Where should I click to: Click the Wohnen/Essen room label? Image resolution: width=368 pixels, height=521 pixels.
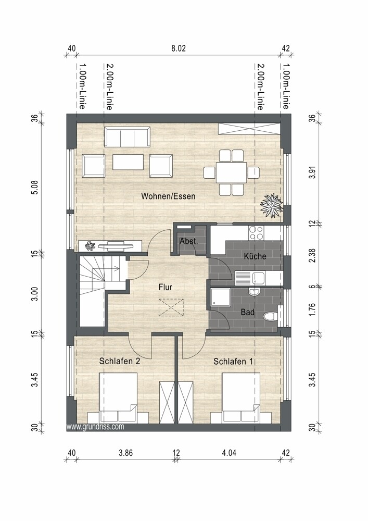pyautogui.click(x=168, y=196)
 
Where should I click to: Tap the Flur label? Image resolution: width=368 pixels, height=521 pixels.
pyautogui.click(x=165, y=287)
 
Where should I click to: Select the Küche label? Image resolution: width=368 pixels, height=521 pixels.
pyautogui.click(x=255, y=256)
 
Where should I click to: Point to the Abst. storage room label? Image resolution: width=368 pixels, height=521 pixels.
pyautogui.click(x=188, y=241)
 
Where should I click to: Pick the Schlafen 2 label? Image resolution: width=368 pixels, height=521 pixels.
pyautogui.click(x=120, y=361)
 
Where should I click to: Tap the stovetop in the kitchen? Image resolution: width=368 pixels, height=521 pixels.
pyautogui.click(x=256, y=232)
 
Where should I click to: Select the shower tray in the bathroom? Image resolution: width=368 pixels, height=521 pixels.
pyautogui.click(x=220, y=297)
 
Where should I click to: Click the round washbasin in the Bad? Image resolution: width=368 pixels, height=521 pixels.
pyautogui.click(x=255, y=292)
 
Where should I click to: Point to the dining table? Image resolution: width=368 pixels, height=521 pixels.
pyautogui.click(x=231, y=172)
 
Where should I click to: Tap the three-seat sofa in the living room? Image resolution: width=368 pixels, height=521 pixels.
pyautogui.click(x=126, y=137)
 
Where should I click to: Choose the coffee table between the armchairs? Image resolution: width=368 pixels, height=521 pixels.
pyautogui.click(x=128, y=162)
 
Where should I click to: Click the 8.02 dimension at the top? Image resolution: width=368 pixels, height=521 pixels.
pyautogui.click(x=179, y=48)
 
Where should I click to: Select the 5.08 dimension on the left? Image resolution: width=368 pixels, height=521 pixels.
pyautogui.click(x=35, y=188)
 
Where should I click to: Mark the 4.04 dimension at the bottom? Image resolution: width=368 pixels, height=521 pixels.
pyautogui.click(x=229, y=453)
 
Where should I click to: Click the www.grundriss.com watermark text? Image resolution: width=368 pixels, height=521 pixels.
pyautogui.click(x=95, y=427)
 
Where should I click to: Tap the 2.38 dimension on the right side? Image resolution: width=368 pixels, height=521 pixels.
pyautogui.click(x=312, y=255)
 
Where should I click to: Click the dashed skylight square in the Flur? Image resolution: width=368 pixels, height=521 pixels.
pyautogui.click(x=171, y=307)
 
